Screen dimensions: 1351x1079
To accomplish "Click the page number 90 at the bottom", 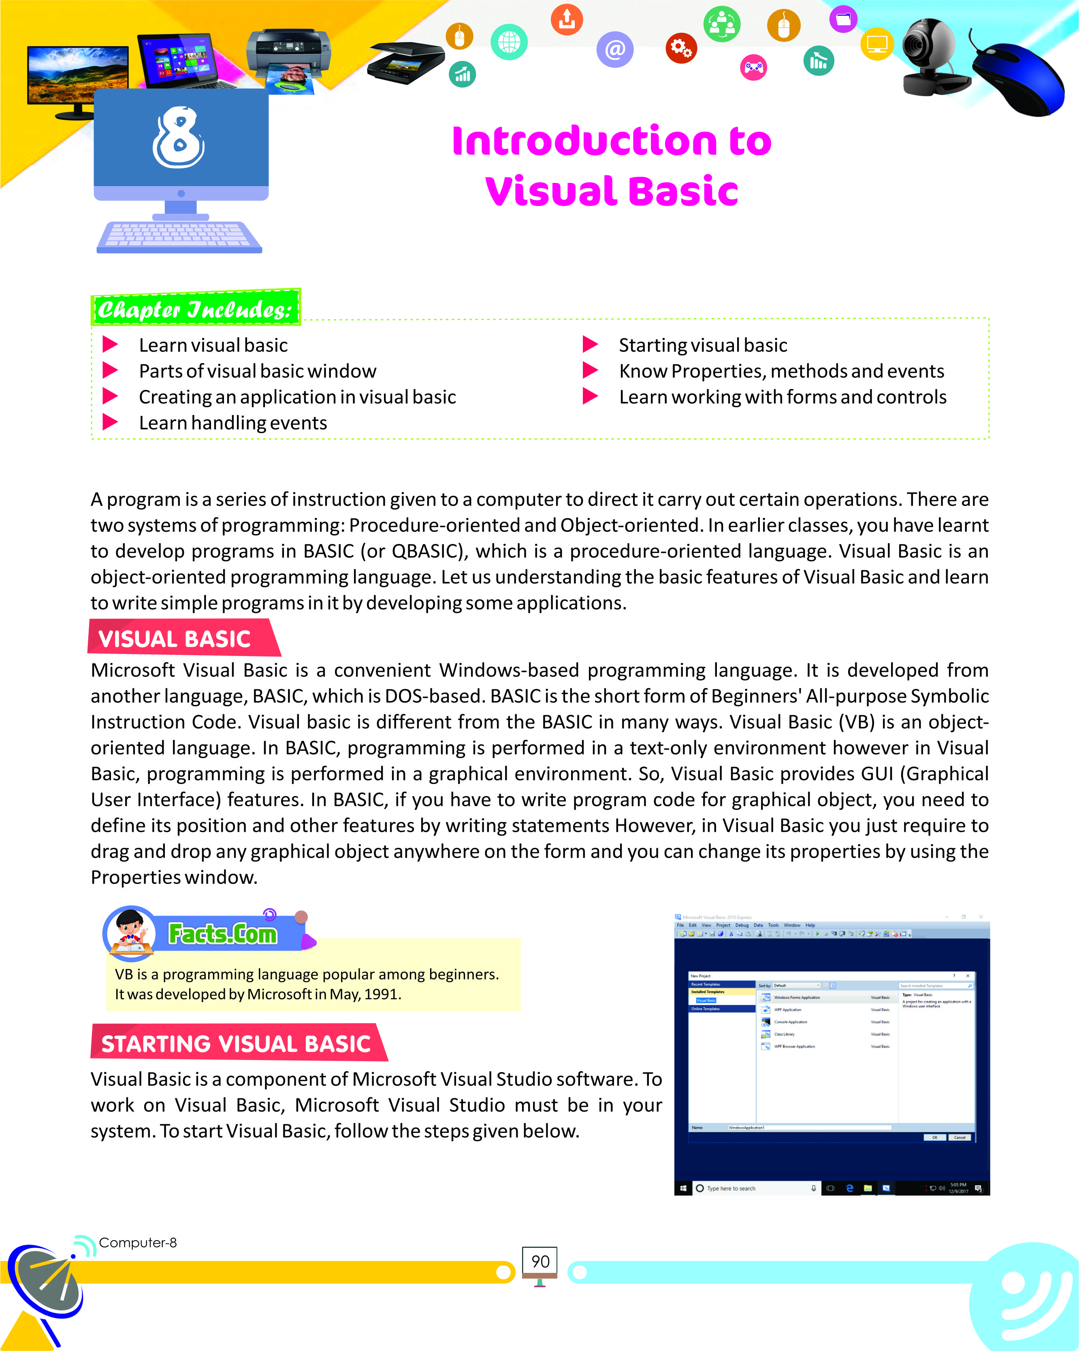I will pyautogui.click(x=540, y=1262).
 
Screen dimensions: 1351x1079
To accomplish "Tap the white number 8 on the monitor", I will pyautogui.click(x=179, y=138).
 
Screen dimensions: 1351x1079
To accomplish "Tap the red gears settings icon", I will pyautogui.click(x=681, y=48).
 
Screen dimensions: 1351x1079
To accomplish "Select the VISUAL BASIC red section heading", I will pyautogui.click(x=175, y=639).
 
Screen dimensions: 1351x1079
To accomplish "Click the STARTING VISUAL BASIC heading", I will pyautogui.click(x=237, y=1044).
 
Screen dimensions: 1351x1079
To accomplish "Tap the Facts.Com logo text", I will pyautogui.click(x=223, y=934).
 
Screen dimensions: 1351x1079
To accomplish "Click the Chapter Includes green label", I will pyautogui.click(x=196, y=308).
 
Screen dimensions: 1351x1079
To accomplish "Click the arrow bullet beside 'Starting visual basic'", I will pyautogui.click(x=590, y=344).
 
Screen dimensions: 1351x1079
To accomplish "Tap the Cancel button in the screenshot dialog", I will pyautogui.click(x=959, y=1137).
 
